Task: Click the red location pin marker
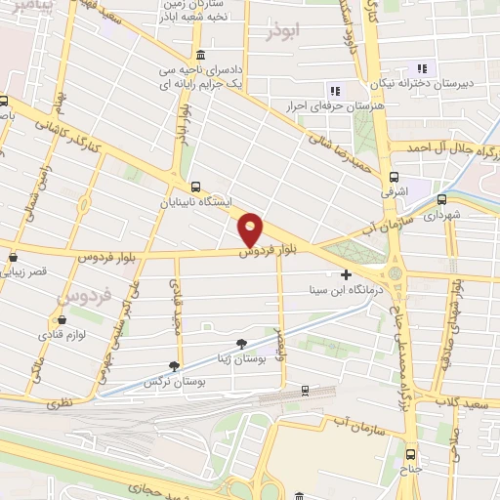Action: click(x=251, y=229)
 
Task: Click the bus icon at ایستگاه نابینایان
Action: click(x=197, y=187)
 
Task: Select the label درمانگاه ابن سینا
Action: click(x=339, y=290)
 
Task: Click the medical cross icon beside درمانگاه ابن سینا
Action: click(x=347, y=275)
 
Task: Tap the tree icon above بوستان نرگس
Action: click(x=174, y=366)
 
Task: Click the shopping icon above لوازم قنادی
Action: click(x=62, y=319)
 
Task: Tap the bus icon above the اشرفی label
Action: click(x=393, y=178)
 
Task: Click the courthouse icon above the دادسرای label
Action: click(x=200, y=53)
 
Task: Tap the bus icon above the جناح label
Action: click(x=410, y=453)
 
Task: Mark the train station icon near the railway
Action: click(x=305, y=391)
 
